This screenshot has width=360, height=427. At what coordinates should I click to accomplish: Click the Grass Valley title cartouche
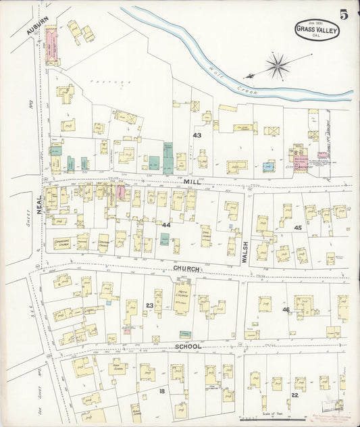317,30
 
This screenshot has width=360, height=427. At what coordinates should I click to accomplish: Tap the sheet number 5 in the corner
344,14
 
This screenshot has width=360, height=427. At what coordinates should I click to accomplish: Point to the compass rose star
277,66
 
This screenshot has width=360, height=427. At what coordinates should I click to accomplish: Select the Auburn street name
38,26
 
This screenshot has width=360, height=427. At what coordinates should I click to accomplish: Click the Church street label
186,268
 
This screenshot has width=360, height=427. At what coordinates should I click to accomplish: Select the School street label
188,347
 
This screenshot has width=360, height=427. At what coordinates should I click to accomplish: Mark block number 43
197,136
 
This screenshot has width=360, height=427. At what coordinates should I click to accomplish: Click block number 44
166,224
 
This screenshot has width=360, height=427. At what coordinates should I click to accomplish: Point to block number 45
297,228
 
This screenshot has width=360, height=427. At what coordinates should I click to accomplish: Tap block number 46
286,309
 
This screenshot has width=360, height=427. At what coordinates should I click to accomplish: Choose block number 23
149,305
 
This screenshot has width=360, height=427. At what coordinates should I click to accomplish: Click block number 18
161,391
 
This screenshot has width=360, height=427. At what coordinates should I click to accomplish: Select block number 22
294,395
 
